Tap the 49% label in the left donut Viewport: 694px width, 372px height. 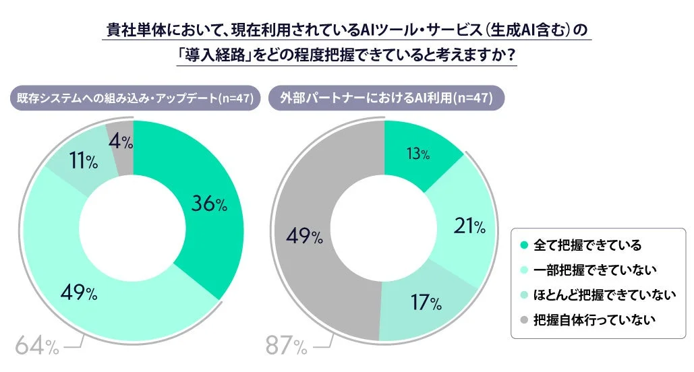pyautogui.click(x=79, y=293)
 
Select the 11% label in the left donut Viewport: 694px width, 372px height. pyautogui.click(x=83, y=162)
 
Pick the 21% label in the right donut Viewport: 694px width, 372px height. pyautogui.click(x=469, y=227)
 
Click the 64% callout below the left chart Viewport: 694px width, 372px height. pyautogui.click(x=36, y=346)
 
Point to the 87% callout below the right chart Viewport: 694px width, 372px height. pyautogui.click(x=287, y=346)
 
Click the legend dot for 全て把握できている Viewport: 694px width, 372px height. pyautogui.click(x=524, y=245)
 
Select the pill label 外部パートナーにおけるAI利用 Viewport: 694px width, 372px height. pyautogui.click(x=386, y=98)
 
